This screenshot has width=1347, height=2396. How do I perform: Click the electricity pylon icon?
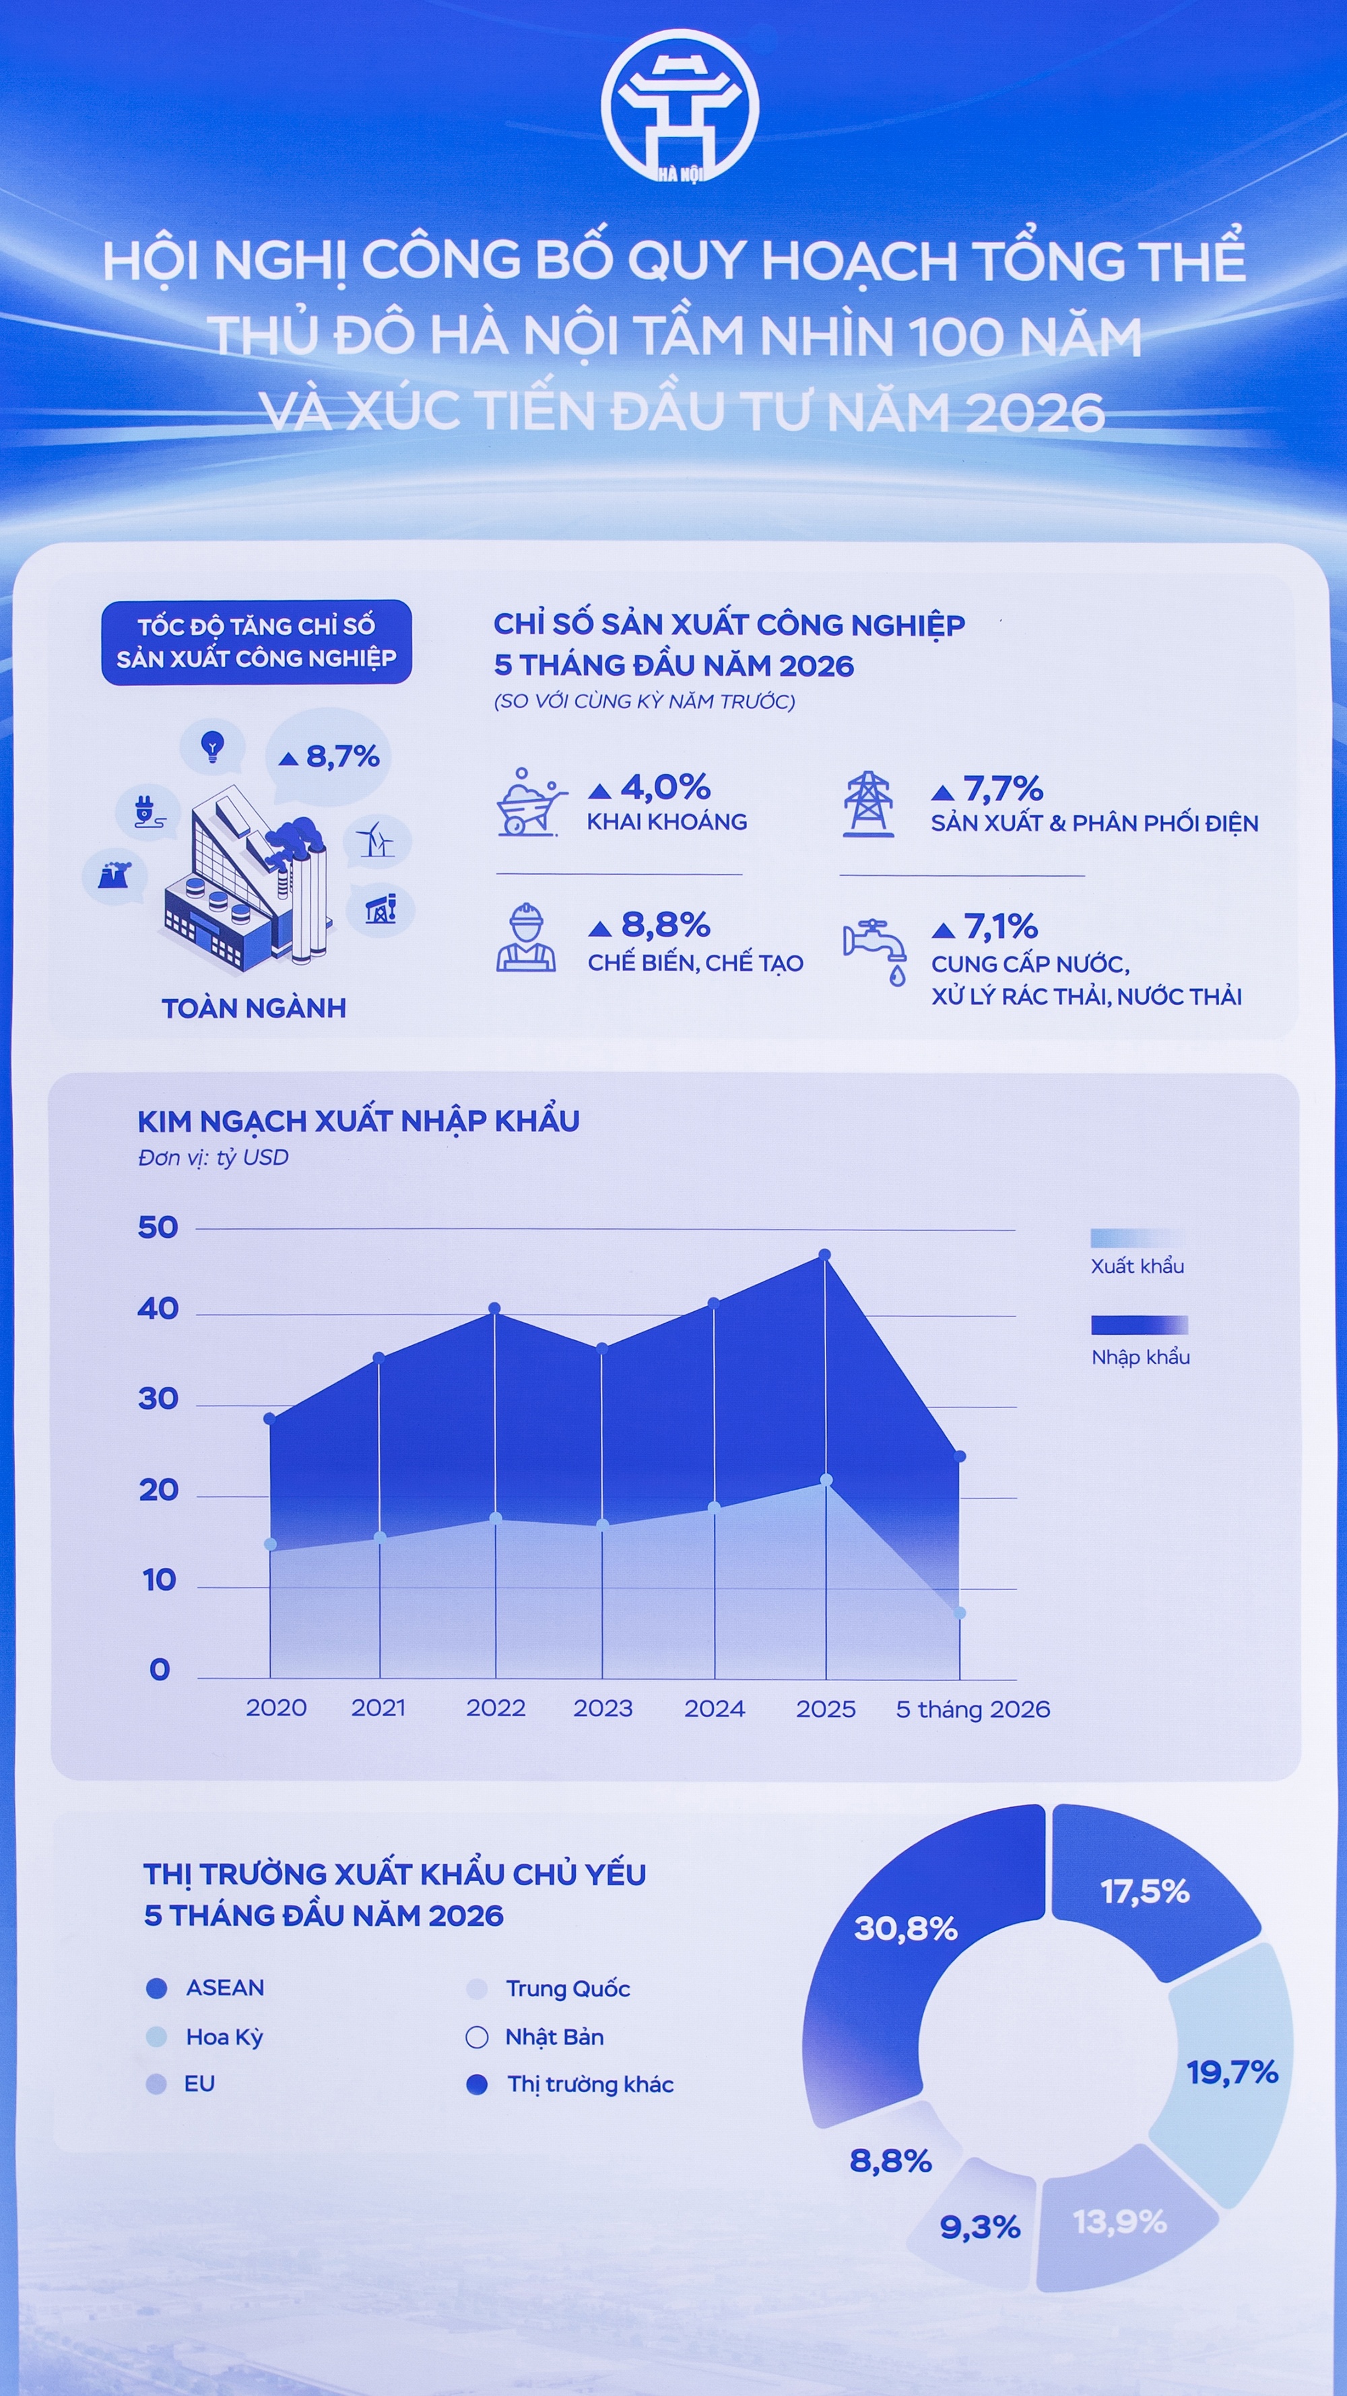tap(868, 805)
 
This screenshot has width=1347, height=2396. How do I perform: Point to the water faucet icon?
tap(875, 951)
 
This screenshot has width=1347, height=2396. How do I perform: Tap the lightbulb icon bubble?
tap(213, 747)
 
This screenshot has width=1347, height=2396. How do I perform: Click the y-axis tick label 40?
tap(158, 1309)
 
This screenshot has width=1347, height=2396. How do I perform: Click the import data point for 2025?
tap(824, 1255)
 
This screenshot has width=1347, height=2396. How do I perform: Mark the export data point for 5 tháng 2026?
tap(960, 1613)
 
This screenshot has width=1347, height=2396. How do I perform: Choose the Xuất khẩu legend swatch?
tap(1139, 1238)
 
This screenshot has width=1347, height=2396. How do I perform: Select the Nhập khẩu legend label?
tap(1141, 1357)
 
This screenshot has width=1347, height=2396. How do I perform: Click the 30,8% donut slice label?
tap(905, 1929)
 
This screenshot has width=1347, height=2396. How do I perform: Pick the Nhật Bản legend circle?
tap(477, 2038)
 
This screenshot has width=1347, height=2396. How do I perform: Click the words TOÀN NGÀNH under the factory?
tap(254, 1008)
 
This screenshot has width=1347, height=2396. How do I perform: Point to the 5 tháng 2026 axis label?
tap(973, 1709)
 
